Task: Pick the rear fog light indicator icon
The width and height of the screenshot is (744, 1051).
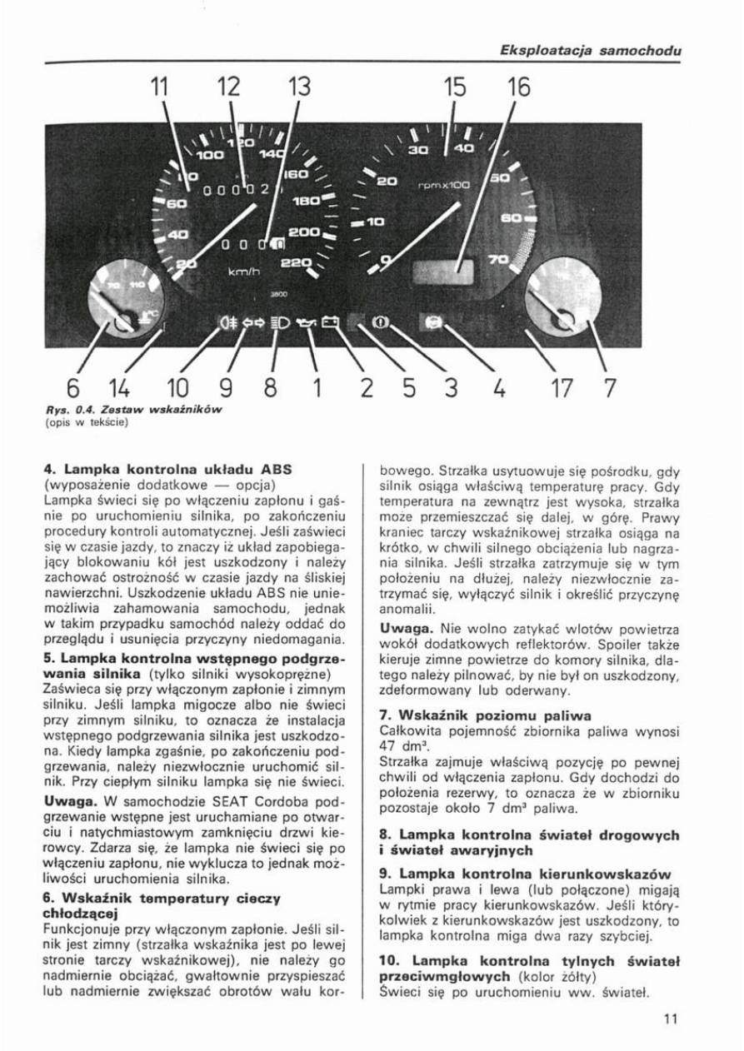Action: pyautogui.click(x=226, y=321)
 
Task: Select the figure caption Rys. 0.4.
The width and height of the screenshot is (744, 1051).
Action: pyautogui.click(x=62, y=411)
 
